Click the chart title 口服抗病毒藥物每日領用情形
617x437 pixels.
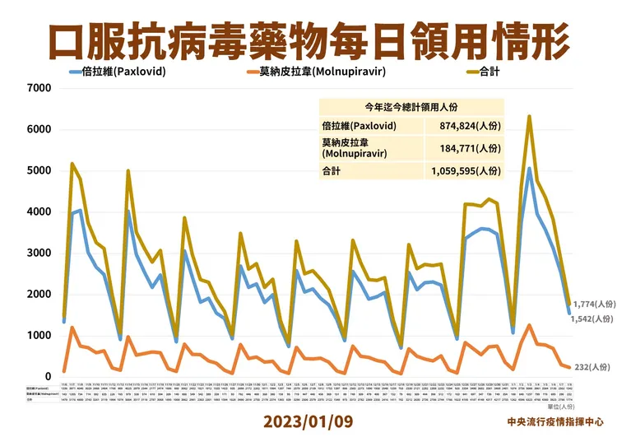click(308, 37)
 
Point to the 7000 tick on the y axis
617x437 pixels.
click(39, 87)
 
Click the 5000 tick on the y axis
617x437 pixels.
click(39, 170)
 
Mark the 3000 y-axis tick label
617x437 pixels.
click(39, 253)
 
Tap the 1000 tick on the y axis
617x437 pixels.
click(39, 336)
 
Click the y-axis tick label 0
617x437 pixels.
click(48, 377)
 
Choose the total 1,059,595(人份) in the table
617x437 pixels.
click(465, 171)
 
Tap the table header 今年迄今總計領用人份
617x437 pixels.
click(412, 107)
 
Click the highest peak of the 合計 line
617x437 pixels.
click(529, 116)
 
